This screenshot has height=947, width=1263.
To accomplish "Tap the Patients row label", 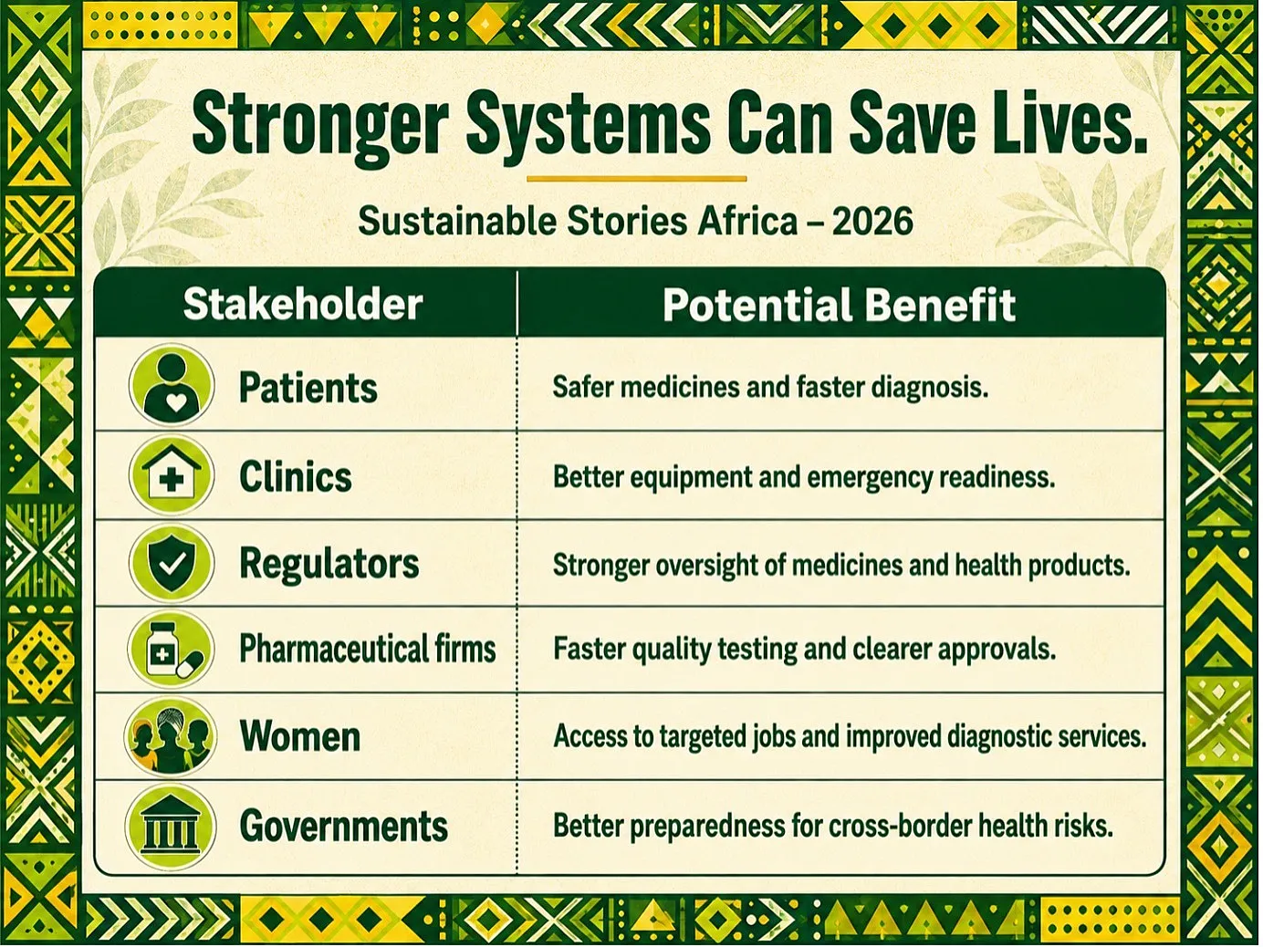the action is (x=308, y=388).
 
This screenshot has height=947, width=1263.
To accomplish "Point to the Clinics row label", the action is (x=295, y=477).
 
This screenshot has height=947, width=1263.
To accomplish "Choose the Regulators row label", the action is (x=329, y=564).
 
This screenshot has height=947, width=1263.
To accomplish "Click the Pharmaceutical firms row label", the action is (x=368, y=649).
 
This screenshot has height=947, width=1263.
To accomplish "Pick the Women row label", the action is (x=300, y=736).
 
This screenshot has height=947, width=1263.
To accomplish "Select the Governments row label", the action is (x=343, y=826).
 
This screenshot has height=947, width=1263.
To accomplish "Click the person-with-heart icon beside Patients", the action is (x=172, y=385).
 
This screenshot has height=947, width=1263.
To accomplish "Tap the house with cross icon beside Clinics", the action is (x=172, y=475).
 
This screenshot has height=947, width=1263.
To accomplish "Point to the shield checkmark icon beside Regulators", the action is (x=172, y=562).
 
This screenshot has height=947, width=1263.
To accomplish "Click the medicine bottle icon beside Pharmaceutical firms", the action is (x=171, y=649).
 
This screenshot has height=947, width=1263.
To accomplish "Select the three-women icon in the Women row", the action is (x=171, y=736).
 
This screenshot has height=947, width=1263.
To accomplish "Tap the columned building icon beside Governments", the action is (x=171, y=826).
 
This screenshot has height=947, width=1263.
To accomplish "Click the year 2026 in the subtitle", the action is (x=872, y=222).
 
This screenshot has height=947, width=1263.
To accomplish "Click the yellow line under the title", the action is (x=636, y=179).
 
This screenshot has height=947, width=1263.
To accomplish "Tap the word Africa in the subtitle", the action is (x=747, y=222).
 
